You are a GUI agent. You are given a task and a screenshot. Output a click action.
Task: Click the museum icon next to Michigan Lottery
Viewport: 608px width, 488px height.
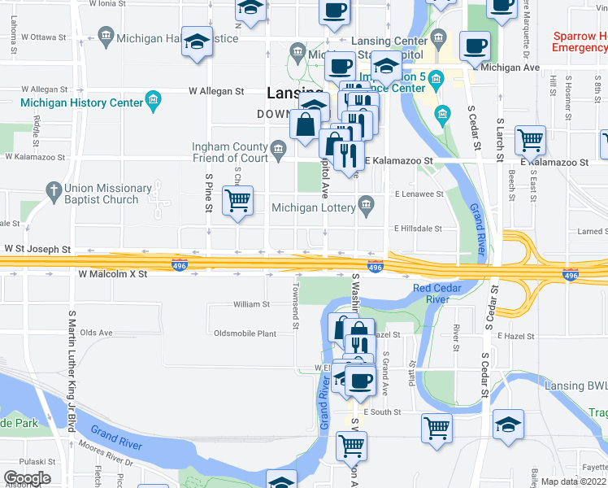click(367, 203)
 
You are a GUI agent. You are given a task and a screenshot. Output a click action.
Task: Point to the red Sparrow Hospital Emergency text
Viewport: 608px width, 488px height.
click(580, 42)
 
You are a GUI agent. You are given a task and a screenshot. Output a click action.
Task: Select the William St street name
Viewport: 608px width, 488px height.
click(251, 304)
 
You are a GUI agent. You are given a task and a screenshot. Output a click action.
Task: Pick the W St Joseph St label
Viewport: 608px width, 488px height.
click(37, 250)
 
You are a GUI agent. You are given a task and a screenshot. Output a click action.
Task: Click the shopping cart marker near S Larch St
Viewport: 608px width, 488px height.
click(531, 141)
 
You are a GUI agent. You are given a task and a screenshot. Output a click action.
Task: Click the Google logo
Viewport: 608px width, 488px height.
click(27, 478)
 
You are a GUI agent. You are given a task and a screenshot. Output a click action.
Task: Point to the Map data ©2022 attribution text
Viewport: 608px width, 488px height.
click(574, 481)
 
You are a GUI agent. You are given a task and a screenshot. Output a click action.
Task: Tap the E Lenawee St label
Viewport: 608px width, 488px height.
click(419, 194)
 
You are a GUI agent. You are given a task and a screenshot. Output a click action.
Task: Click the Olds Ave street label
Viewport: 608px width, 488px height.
click(96, 333)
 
